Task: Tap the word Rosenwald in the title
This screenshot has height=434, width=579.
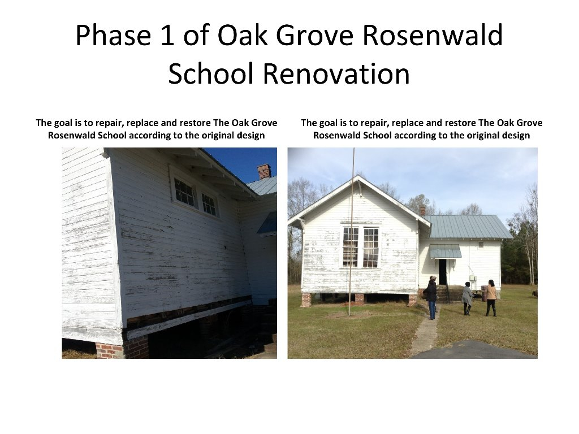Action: pos(432,36)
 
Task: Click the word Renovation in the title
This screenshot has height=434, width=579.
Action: pos(336,74)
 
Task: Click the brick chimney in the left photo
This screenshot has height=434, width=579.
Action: pos(263,171)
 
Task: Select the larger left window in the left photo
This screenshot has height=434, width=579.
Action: pos(184,193)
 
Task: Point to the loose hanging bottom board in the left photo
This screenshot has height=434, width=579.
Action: pos(187,319)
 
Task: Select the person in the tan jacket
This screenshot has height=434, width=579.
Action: pos(491,297)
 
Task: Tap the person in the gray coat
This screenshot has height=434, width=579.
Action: pos(467,298)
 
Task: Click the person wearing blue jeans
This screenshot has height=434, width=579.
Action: pos(431,296)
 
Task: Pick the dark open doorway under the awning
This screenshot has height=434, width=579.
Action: pos(442,272)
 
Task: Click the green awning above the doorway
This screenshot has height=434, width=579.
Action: pos(445,251)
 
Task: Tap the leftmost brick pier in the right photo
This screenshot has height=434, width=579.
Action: pos(306,300)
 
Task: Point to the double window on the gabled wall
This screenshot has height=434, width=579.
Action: pos(360,247)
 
